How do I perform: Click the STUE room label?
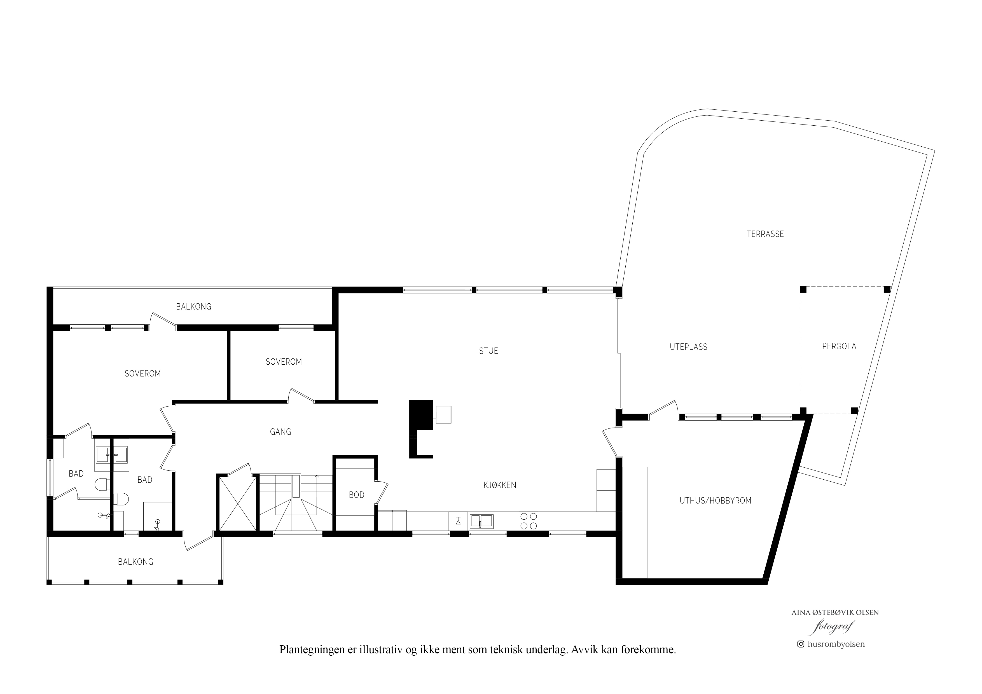[488, 351]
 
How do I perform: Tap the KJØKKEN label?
[500, 485]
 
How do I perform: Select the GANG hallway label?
[280, 432]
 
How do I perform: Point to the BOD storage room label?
[356, 495]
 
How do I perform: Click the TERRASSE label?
[765, 234]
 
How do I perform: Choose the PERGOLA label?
[839, 346]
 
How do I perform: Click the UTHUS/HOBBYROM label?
[716, 501]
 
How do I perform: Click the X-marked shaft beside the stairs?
[238, 503]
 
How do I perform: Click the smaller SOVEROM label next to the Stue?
[284, 362]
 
